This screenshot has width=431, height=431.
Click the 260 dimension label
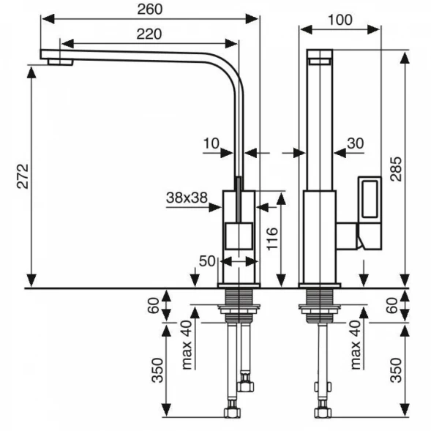[150, 10]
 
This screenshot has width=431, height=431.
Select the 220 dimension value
[149, 34]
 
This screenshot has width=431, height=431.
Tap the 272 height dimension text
[23, 176]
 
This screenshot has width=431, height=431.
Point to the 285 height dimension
[396, 169]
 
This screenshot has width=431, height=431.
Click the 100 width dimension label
[340, 20]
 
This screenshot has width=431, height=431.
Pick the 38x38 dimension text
[187, 198]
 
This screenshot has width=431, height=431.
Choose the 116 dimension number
[272, 239]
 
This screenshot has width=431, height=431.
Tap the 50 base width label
[207, 261]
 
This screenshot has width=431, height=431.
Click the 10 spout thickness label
[211, 143]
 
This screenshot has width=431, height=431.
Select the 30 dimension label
[356, 143]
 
